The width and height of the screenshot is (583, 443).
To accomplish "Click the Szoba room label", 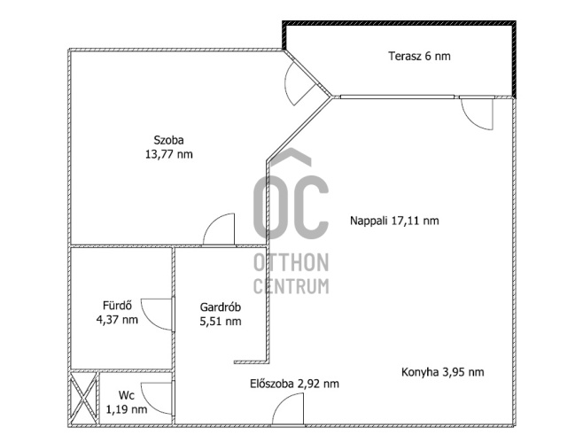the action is (169, 140).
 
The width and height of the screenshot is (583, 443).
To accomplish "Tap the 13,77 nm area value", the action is (169, 154).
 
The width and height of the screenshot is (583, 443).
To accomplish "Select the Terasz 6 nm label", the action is (419, 56).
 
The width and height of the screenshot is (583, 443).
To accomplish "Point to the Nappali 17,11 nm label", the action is (394, 221).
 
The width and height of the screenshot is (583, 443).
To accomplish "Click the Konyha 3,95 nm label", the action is (443, 372).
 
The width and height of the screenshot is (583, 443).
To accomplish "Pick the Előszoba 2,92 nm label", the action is (294, 384).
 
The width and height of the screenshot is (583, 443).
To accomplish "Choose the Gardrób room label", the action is (221, 307).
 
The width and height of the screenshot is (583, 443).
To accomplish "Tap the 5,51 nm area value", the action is (221, 321).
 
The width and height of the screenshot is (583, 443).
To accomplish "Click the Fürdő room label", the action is (118, 306).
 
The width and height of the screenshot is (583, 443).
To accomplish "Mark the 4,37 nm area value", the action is (117, 319).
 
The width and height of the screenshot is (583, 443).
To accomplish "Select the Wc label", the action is (127, 395).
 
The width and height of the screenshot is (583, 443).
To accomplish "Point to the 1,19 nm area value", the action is (127, 409).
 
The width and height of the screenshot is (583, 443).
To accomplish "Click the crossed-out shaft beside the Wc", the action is (83, 398).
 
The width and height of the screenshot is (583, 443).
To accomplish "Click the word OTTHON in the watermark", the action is (291, 262).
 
